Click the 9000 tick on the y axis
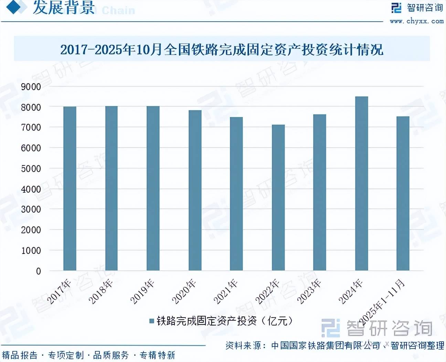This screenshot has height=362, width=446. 31,87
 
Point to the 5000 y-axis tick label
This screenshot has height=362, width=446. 31,169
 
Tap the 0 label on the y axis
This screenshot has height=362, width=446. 39,271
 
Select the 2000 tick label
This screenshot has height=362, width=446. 31,230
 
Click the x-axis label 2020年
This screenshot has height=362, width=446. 184,291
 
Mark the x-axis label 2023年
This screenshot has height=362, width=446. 309,291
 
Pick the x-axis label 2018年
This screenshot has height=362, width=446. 101,291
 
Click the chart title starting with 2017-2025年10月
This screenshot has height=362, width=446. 222,50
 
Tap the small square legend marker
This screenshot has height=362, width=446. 151,321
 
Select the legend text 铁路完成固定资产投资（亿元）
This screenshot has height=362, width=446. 224,321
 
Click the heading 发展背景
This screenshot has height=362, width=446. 64,8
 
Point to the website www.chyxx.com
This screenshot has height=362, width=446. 416,21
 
